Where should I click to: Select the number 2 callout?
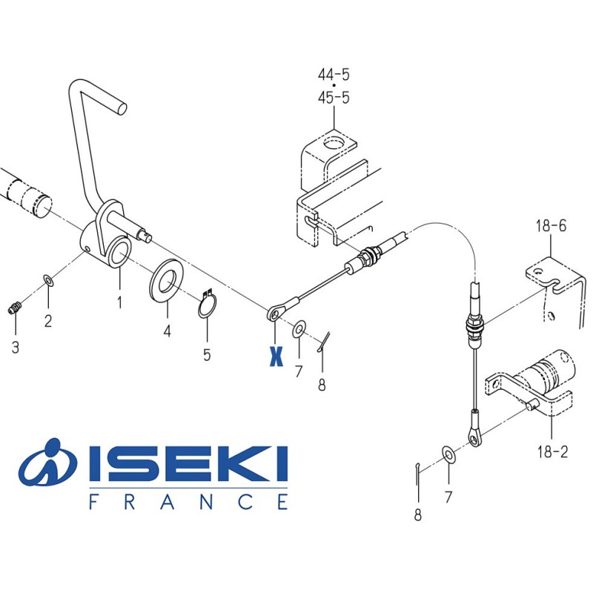tap(48, 320)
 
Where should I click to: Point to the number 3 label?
tap(16, 347)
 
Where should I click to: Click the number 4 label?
tap(167, 331)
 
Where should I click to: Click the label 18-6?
tap(551, 225)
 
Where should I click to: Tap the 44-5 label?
tap(334, 75)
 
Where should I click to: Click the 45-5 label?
tap(334, 97)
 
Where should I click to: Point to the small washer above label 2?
tap(47, 280)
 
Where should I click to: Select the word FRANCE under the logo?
tap(188, 503)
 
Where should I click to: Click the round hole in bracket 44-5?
tap(334, 142)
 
